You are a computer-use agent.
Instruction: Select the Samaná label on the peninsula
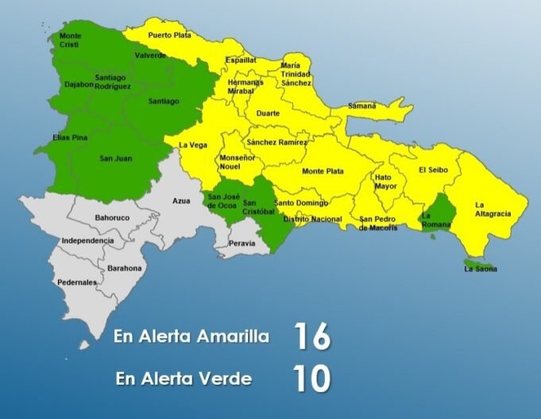362,106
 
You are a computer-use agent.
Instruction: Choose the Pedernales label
77,282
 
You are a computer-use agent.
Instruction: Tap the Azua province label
181,201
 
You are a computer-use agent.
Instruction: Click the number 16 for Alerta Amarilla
311,336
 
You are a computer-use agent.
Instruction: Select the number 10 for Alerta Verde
311,379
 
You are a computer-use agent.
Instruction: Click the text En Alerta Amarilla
191,336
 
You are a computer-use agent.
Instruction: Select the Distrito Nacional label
312,218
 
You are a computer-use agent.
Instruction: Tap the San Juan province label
116,159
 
